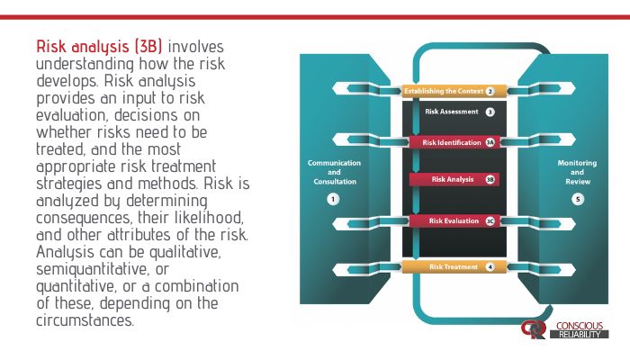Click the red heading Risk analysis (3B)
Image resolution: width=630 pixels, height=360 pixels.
click(99, 45)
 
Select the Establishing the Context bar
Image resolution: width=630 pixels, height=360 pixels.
click(445, 91)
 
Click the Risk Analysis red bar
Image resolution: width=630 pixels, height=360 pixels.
click(446, 179)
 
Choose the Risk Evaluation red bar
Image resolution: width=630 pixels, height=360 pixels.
click(447, 220)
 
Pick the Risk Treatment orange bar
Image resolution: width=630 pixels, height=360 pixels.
click(446, 266)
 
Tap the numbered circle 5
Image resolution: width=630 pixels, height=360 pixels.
click(577, 199)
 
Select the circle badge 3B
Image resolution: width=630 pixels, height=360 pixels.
click(490, 179)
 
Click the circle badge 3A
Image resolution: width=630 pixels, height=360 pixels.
click(490, 142)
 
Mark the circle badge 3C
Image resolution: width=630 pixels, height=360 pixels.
click(490, 220)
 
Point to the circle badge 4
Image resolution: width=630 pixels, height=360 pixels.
click(490, 266)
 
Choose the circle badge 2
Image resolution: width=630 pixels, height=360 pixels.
click(490, 91)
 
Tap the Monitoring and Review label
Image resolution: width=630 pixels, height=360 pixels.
click(577, 172)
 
